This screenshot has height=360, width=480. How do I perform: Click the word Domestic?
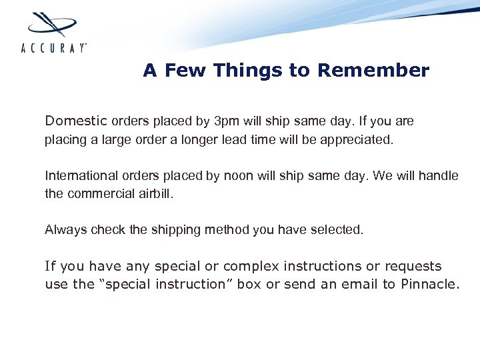point(75,121)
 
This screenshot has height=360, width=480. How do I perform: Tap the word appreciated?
point(360,141)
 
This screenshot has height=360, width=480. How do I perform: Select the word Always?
point(61,230)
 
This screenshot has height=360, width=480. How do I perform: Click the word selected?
point(339,230)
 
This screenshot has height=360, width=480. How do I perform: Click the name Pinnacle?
point(430,285)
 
